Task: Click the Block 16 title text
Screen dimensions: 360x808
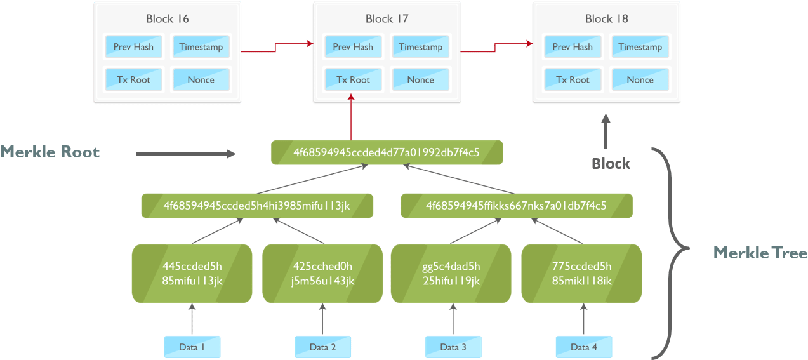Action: click(x=167, y=18)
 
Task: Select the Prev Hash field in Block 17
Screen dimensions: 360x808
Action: click(x=353, y=47)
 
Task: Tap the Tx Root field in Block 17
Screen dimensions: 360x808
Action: click(x=353, y=80)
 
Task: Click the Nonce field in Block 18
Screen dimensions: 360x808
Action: click(x=640, y=80)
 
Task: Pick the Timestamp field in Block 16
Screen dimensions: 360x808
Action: click(x=201, y=47)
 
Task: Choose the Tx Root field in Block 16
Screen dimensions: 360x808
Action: click(x=133, y=80)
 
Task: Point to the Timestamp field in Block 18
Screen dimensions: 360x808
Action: click(x=640, y=47)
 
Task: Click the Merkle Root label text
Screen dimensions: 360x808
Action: click(x=50, y=152)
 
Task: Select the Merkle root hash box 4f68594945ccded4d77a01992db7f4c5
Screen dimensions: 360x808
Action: click(x=387, y=153)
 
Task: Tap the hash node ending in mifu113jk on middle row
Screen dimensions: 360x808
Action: click(x=256, y=206)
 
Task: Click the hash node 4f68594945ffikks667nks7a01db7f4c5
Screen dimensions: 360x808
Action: click(x=516, y=206)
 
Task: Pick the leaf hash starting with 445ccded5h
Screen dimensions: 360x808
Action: click(x=192, y=273)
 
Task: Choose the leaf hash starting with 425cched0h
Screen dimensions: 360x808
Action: click(x=322, y=273)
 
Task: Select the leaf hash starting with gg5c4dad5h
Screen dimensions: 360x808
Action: click(x=451, y=273)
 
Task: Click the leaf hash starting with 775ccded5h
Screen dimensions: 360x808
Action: click(x=581, y=273)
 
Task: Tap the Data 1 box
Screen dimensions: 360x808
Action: click(x=192, y=347)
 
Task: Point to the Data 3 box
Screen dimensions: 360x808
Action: click(x=453, y=347)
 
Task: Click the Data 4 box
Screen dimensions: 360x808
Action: click(x=583, y=347)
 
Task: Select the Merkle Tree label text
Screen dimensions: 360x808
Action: click(x=760, y=253)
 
